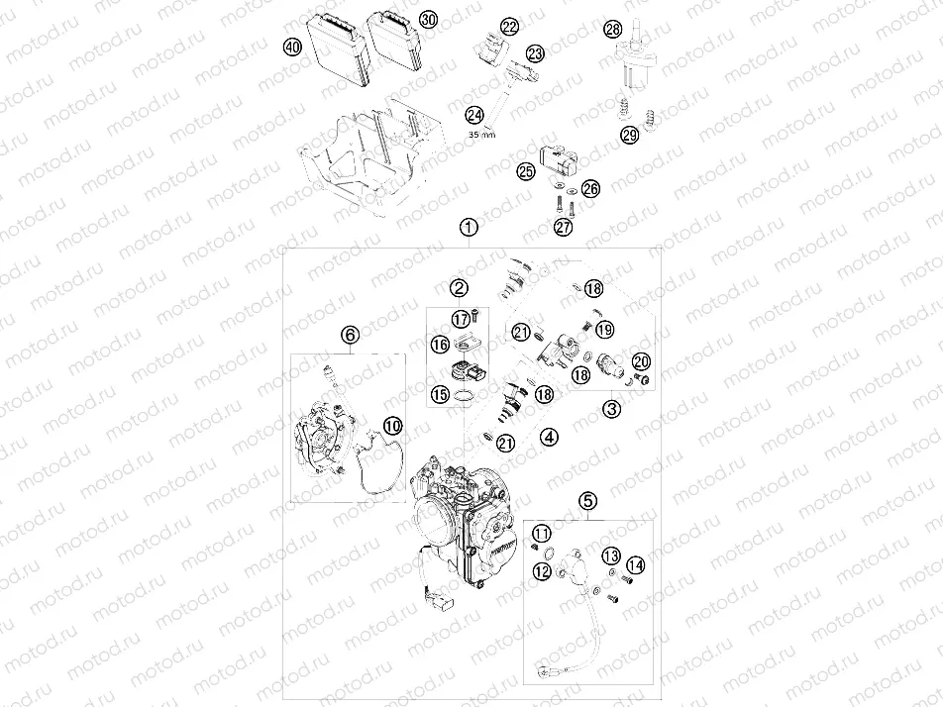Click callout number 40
click(x=292, y=47)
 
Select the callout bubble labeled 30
click(x=427, y=20)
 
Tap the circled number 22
click(x=509, y=27)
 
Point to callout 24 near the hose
click(x=474, y=115)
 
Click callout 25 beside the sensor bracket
click(x=525, y=171)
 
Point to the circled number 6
click(x=350, y=336)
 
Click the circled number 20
click(x=641, y=361)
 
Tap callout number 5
click(x=588, y=501)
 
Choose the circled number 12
click(x=542, y=571)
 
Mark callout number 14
click(x=635, y=564)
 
